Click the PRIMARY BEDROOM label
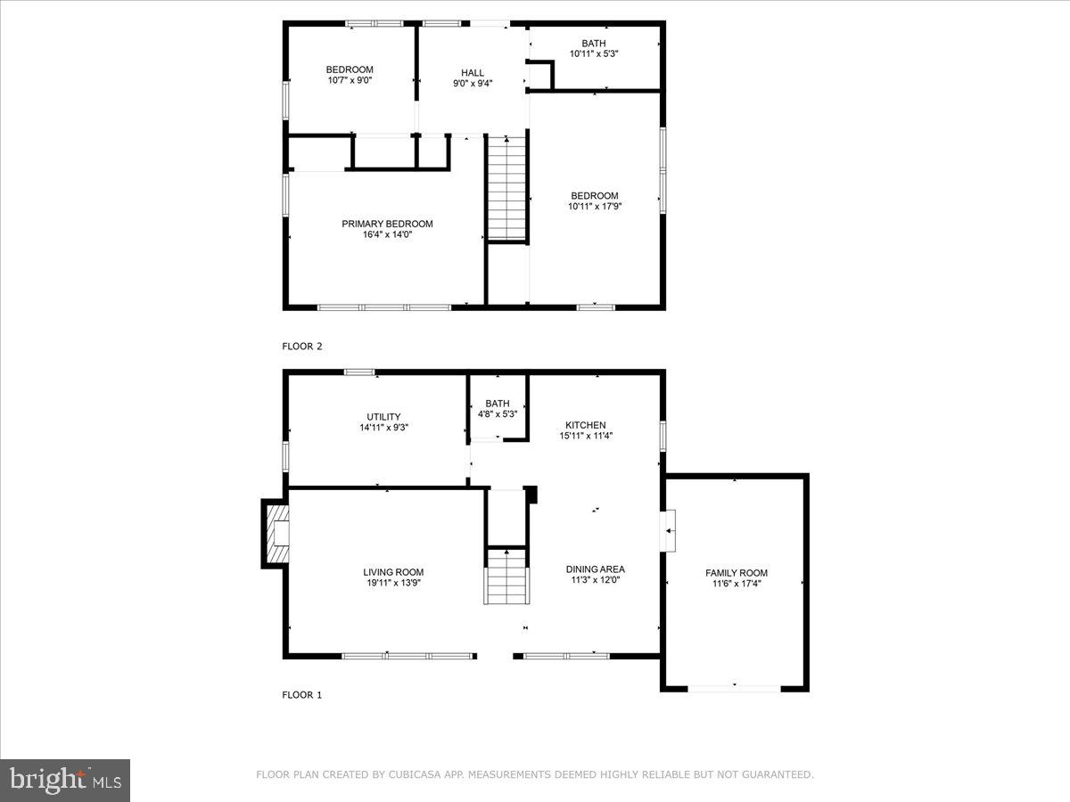pos(387,224)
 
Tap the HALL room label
pos(473,72)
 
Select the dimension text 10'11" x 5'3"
pos(594,53)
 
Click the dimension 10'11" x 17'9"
pos(595,207)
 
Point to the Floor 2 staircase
pos(507,188)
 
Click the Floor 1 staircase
pos(506,577)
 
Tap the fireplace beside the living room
pos(277,533)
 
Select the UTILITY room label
pos(383,416)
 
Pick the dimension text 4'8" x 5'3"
pos(498,413)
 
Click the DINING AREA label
pos(595,569)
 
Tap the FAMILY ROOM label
pos(737,573)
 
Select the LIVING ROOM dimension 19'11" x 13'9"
pos(393,583)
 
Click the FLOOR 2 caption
pos(302,346)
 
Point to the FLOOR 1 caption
pos(302,694)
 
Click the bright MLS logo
pos(65,781)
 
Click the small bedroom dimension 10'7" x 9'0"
pos(350,80)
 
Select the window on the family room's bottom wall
pos(735,687)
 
